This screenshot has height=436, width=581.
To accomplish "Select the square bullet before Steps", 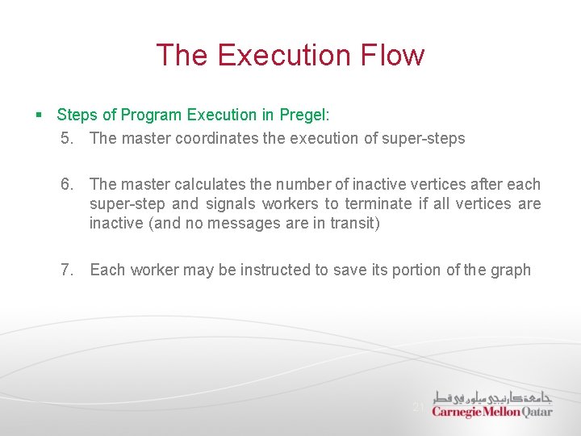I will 40,115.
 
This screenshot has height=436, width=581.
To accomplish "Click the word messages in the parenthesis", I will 241,223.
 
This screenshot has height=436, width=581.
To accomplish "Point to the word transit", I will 354,223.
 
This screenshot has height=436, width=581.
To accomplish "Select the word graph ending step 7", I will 510,270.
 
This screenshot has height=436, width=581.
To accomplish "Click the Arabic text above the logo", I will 492,396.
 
